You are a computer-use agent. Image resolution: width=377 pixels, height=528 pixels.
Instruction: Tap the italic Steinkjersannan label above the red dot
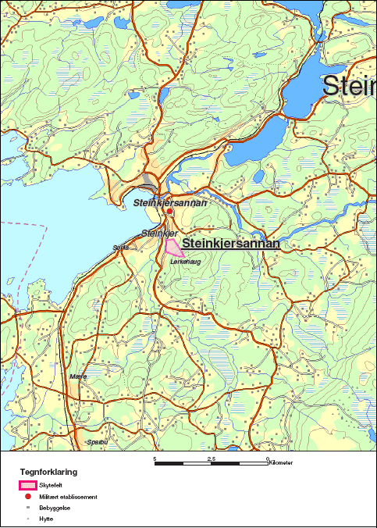[x=170, y=203]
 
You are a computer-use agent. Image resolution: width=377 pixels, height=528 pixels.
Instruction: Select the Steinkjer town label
[x=159, y=234]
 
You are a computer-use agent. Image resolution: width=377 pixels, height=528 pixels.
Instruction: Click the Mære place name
[x=78, y=376]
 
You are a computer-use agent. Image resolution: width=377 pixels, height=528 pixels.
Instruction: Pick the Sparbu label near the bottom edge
[x=96, y=441]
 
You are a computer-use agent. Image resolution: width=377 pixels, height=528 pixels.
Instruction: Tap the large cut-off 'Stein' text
[x=349, y=86]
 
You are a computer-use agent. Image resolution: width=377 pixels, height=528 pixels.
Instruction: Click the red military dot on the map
[x=169, y=212]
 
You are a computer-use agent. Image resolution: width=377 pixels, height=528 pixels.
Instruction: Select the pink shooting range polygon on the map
[x=173, y=248]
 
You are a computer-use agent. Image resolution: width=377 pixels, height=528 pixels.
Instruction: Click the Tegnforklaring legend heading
[x=48, y=473]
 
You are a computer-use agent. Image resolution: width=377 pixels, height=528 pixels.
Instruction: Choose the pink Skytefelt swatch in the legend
[x=29, y=485]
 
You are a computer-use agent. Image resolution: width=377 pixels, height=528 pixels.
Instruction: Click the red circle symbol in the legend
[x=29, y=497]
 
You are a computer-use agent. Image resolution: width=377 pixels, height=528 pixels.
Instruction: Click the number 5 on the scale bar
[x=155, y=458]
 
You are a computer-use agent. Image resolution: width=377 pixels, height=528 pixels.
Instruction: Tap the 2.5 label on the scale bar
[x=211, y=458]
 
